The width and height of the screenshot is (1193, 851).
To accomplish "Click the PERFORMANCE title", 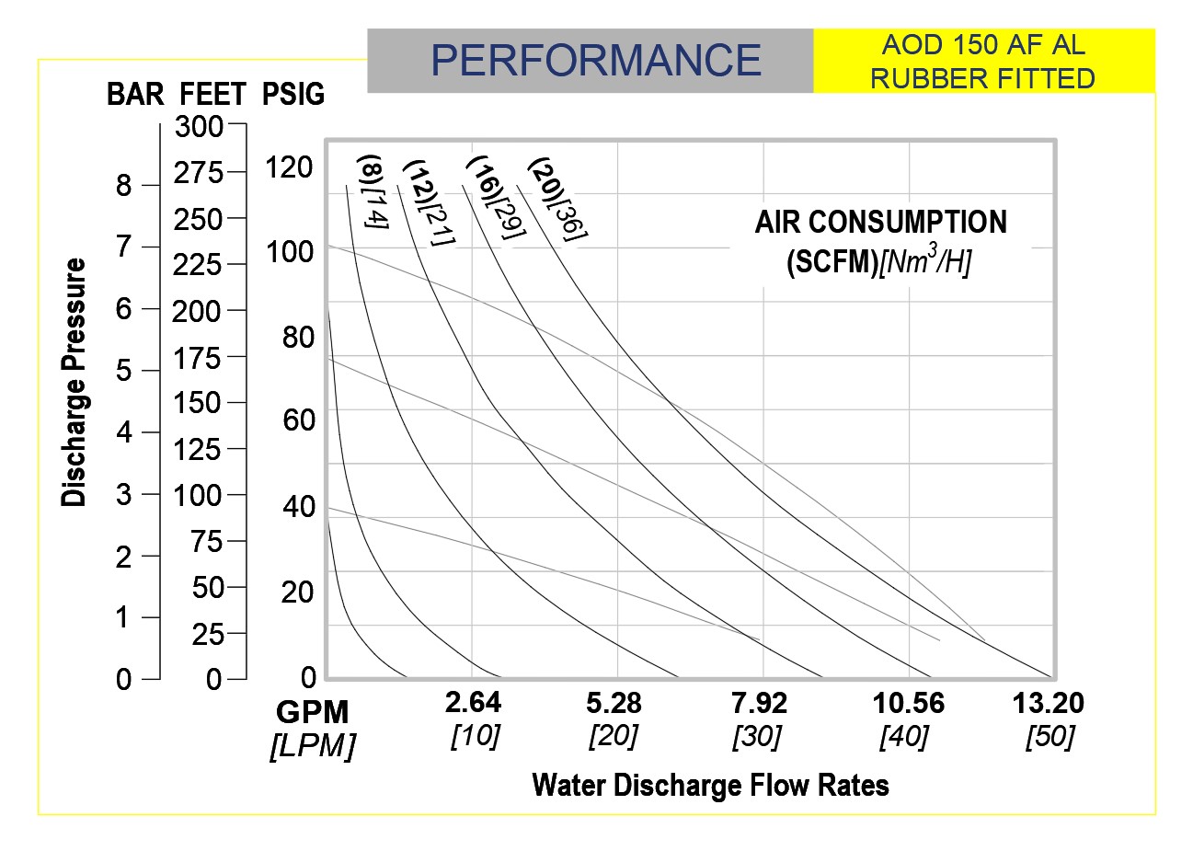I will pyautogui.click(x=595, y=61).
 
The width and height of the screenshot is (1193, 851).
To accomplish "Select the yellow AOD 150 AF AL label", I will pyautogui.click(x=982, y=62).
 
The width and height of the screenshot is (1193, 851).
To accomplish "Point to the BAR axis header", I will pyautogui.click(x=135, y=94).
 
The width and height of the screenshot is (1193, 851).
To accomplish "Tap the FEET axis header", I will pyautogui.click(x=213, y=94).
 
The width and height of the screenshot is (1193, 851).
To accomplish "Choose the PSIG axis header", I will pyautogui.click(x=293, y=94).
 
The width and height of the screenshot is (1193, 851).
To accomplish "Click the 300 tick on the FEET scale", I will pyautogui.click(x=199, y=127).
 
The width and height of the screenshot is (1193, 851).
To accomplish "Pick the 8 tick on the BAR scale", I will pyautogui.click(x=124, y=186).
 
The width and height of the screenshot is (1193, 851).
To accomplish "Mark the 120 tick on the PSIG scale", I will pyautogui.click(x=289, y=167).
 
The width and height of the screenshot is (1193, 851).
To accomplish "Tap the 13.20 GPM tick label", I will pyautogui.click(x=1048, y=704).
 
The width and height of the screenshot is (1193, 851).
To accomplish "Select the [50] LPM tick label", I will pyautogui.click(x=1049, y=737).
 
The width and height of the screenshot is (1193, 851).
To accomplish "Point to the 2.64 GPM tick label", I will pyautogui.click(x=473, y=703).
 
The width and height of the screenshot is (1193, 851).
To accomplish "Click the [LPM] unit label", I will pyautogui.click(x=313, y=745).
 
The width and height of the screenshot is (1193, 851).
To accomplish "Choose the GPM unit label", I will pyautogui.click(x=313, y=712).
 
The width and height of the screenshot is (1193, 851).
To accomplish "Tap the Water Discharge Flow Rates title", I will pyautogui.click(x=710, y=785).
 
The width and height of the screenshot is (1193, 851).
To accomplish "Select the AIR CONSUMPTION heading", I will pyautogui.click(x=880, y=222).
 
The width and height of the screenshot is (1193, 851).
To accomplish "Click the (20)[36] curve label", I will pyautogui.click(x=556, y=200).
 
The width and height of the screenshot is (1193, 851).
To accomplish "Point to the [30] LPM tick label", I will pyautogui.click(x=756, y=737).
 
